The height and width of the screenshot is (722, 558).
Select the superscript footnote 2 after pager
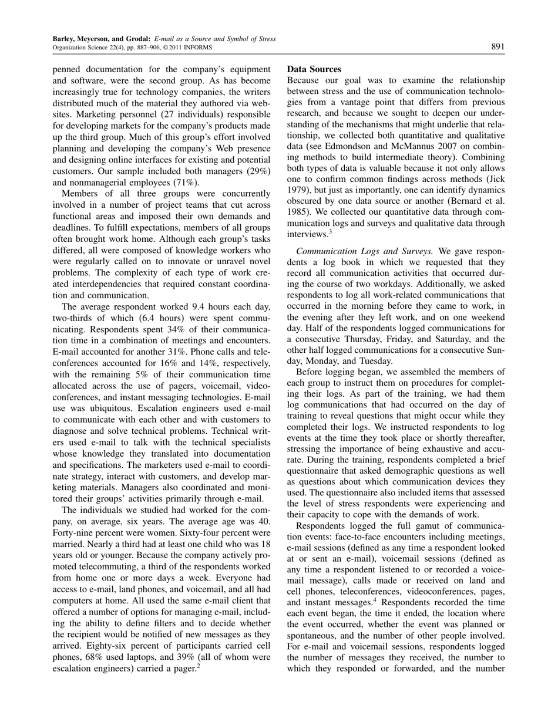coord(199,666)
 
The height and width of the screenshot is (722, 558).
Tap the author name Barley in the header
coord(63,39)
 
